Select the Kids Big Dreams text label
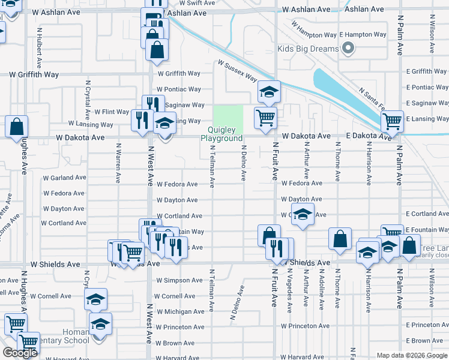308,49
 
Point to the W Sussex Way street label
237,71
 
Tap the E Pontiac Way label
427,88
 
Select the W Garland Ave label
65,178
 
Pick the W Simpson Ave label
179,280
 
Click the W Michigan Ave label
180,311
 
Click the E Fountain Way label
427,230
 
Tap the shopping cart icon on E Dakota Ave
392,121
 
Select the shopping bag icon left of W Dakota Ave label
17,127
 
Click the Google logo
19,353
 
